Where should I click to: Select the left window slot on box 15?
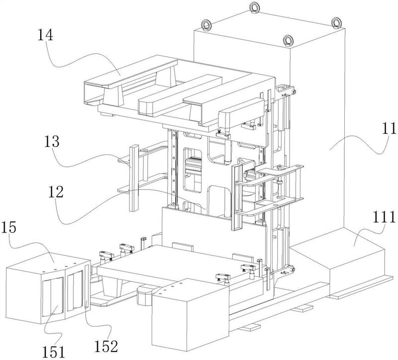click(53, 298)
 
